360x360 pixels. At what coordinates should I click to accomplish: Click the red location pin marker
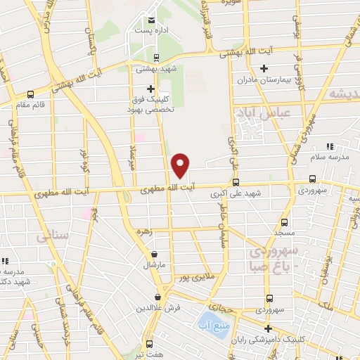pyautogui.click(x=181, y=165)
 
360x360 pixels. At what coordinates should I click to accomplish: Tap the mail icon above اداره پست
pyautogui.click(x=153, y=19)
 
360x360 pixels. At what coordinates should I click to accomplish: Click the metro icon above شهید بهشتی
pyautogui.click(x=156, y=58)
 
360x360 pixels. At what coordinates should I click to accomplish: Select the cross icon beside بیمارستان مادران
pyautogui.click(x=264, y=68)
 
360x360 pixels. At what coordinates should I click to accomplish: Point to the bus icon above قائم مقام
pyautogui.click(x=30, y=94)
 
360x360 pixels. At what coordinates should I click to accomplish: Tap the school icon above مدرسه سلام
pyautogui.click(x=329, y=146)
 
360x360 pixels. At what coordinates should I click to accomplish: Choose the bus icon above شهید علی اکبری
pyautogui.click(x=236, y=181)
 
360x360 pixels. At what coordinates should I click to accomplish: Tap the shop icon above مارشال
pyautogui.click(x=154, y=255)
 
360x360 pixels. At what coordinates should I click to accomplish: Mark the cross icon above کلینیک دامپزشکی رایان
pyautogui.click(x=268, y=328)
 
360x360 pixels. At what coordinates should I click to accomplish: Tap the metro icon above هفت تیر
pyautogui.click(x=150, y=345)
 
